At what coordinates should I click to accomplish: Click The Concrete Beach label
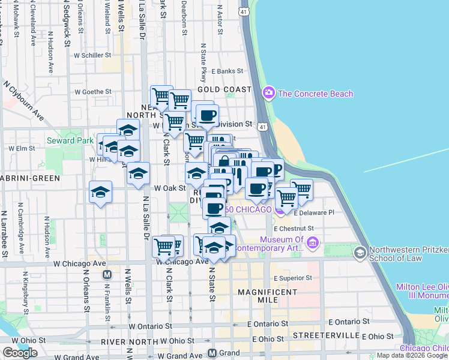pyautogui.click(x=315, y=94)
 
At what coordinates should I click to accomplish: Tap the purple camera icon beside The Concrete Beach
pyautogui.click(x=268, y=94)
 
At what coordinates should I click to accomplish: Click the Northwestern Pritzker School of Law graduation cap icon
pyautogui.click(x=360, y=252)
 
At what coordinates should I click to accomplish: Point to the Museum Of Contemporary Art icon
pyautogui.click(x=312, y=243)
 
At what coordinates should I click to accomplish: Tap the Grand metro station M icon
pyautogui.click(x=212, y=353)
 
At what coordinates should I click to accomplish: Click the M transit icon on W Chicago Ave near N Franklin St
pyautogui.click(x=107, y=274)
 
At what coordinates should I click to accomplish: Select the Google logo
pyautogui.click(x=20, y=353)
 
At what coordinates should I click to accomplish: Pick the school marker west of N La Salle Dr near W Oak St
pyautogui.click(x=100, y=193)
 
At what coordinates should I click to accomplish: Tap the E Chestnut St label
pyautogui.click(x=294, y=228)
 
